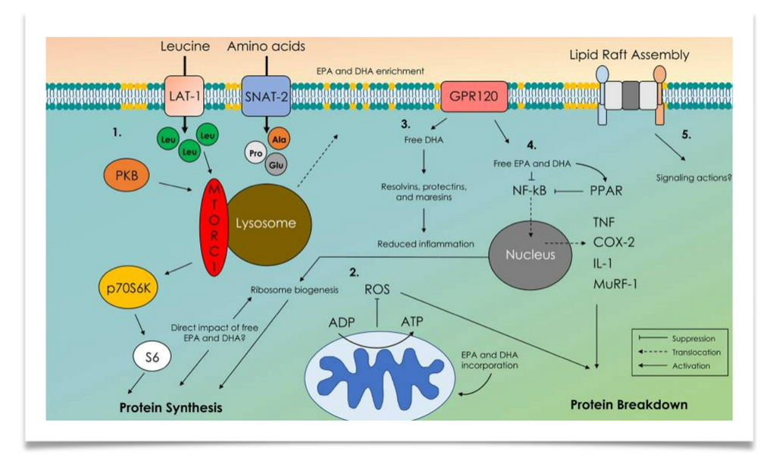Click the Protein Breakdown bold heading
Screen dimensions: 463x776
click(629, 404)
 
